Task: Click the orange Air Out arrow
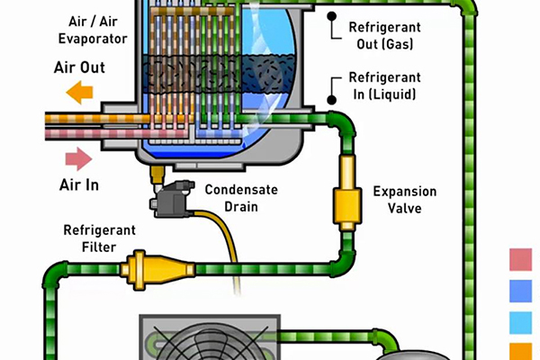[x=80, y=91]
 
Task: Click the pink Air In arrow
[x=79, y=160]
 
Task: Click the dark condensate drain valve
[x=169, y=200]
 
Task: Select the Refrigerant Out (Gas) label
[x=384, y=35]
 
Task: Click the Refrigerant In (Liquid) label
[x=385, y=85]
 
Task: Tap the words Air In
[x=79, y=185]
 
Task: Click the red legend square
[x=522, y=261]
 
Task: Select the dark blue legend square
[x=522, y=290]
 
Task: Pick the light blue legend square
[x=522, y=322]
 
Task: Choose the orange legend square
[x=522, y=351]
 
